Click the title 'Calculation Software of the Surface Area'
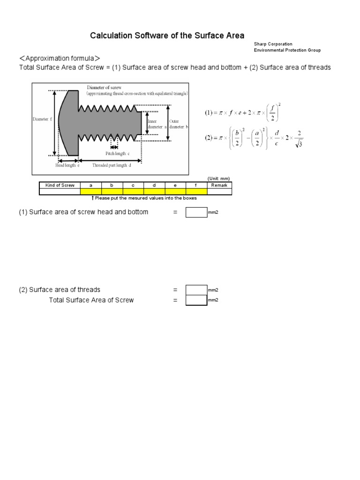[x=167, y=36]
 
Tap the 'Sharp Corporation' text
[x=273, y=44]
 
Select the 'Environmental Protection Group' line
[x=287, y=50]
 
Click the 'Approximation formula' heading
[x=60, y=58]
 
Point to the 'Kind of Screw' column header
[x=60, y=186]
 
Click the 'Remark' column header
[x=219, y=186]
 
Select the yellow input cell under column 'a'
[x=91, y=191]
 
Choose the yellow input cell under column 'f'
[x=196, y=191]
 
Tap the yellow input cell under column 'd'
[x=154, y=191]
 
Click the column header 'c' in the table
[x=133, y=186]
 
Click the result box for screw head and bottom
[x=196, y=212]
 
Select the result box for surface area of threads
[x=196, y=290]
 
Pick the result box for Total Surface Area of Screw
[x=196, y=300]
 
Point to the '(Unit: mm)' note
[x=219, y=179]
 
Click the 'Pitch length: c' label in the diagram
[x=118, y=153]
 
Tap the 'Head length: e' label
[x=67, y=165]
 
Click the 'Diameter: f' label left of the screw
[x=41, y=119]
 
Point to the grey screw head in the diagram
[x=69, y=122]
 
